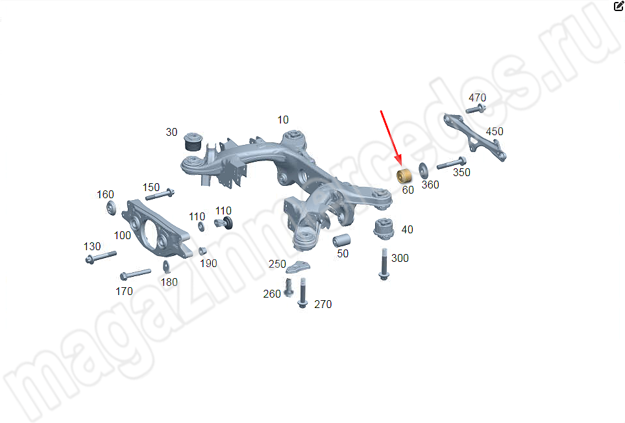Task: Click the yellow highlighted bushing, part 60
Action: coord(404,176)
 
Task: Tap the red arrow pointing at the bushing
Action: coord(391,138)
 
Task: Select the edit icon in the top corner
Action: coord(619,6)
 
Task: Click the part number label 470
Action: coord(477,97)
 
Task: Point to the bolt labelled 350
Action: coord(452,163)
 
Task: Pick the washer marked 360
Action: coord(423,170)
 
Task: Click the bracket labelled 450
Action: coord(474,137)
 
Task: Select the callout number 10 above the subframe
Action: coord(282,120)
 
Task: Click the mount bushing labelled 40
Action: coord(384,229)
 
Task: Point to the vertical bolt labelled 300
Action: coord(384,264)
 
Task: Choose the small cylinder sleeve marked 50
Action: coord(341,240)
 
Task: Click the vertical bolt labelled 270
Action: coord(302,293)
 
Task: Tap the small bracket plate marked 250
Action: coord(298,267)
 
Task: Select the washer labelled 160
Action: coord(112,208)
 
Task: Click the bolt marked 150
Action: coord(160,194)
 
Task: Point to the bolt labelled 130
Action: coord(101,257)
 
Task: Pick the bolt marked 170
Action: coord(136,274)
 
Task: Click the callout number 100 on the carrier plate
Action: coord(123,235)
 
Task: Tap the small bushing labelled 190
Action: coord(202,251)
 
